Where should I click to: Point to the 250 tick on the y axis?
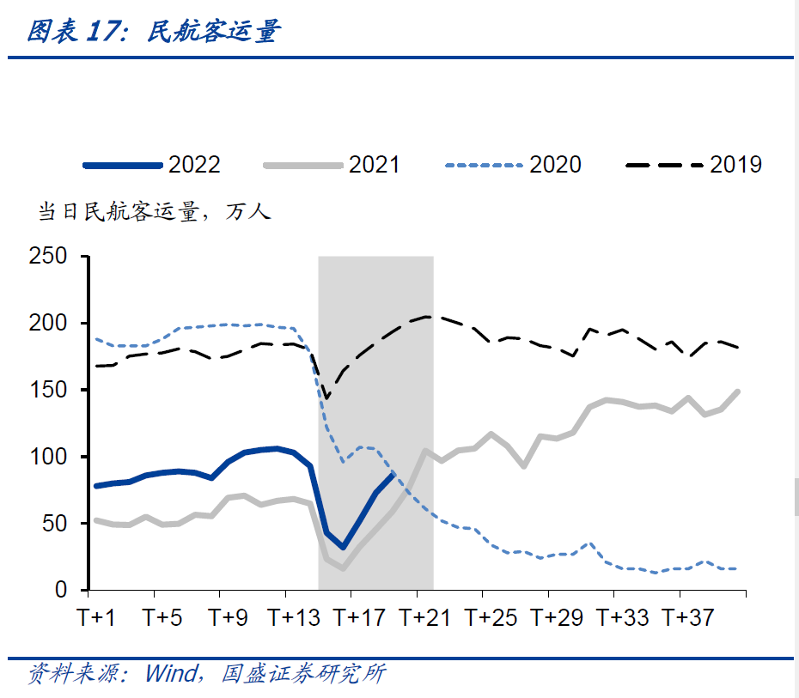coord(49,257)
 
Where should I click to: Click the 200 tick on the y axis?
coord(49,324)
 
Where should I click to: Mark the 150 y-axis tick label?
coord(49,390)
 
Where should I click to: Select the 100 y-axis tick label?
coord(49,457)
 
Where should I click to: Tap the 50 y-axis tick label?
coord(55,524)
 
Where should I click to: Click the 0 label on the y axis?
coord(61,591)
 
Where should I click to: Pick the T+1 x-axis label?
coord(96,617)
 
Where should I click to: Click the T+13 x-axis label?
coord(292,617)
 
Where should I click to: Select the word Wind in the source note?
coord(171,674)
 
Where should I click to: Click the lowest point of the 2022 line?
coord(343,547)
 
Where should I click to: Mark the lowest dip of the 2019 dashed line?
coord(326,398)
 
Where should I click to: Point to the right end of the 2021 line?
coord(738,391)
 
